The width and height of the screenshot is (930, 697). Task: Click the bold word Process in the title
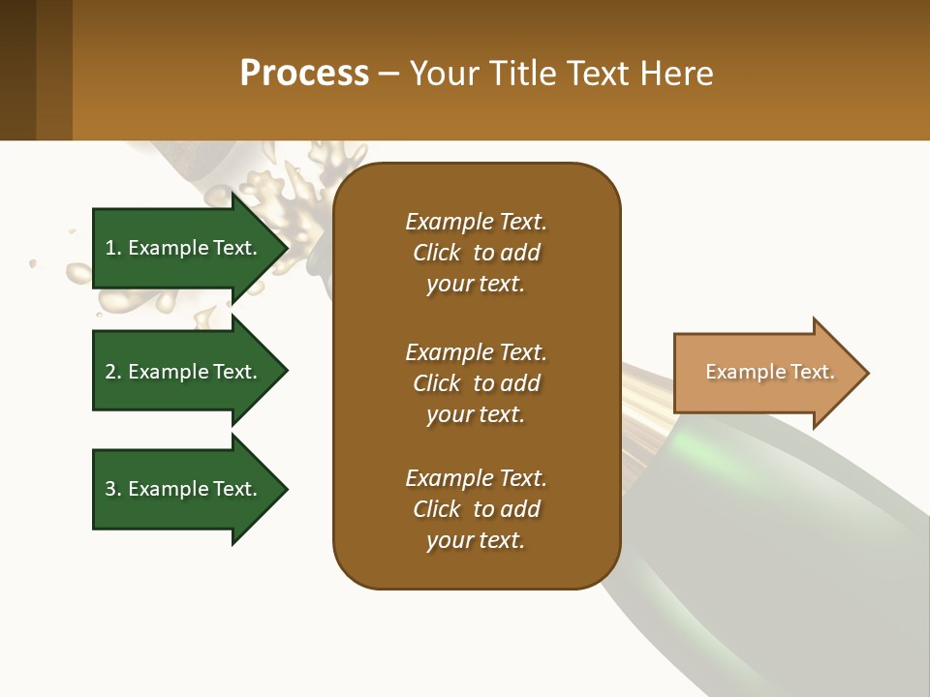tap(304, 74)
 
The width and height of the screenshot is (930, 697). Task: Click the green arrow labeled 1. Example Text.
tap(184, 248)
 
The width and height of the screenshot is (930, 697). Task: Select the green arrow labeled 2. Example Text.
tap(184, 372)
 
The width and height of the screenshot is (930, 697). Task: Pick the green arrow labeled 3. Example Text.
tap(184, 489)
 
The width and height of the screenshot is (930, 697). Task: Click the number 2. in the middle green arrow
tap(113, 372)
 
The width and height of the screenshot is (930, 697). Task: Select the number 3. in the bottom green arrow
tap(113, 489)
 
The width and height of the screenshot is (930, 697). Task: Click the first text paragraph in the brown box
tap(476, 253)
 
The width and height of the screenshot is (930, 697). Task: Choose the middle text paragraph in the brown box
tap(476, 383)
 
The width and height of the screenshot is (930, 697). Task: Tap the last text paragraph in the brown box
tap(476, 509)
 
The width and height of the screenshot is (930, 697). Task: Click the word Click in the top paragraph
tap(437, 253)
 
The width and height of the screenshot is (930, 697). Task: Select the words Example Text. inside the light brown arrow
tap(769, 372)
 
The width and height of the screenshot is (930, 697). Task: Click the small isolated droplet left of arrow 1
tap(33, 262)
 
